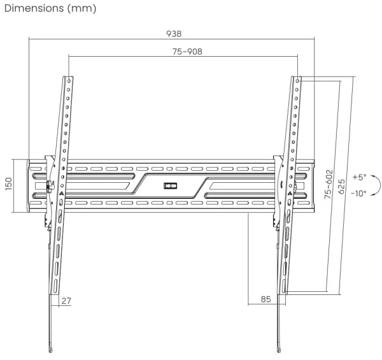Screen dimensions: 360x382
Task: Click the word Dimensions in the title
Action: (32, 8)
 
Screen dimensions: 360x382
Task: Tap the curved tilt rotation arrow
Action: (373, 185)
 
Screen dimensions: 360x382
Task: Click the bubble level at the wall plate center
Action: (169, 186)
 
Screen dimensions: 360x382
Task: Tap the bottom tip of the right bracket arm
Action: (281, 350)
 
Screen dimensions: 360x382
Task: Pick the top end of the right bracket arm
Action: (297, 80)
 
